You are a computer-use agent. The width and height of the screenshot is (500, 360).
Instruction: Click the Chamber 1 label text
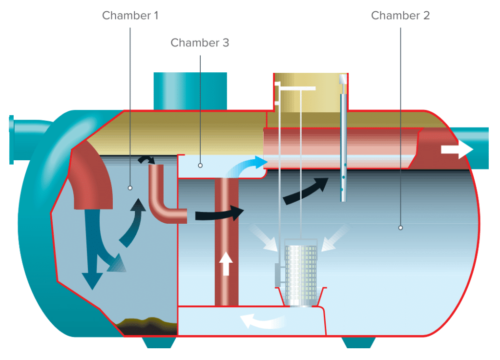(x=130, y=16)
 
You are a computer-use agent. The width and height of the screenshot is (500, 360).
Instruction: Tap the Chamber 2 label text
(x=400, y=16)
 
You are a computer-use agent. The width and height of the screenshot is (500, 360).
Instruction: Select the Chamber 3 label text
(x=200, y=43)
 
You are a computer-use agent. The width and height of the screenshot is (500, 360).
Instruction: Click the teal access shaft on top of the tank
(x=190, y=91)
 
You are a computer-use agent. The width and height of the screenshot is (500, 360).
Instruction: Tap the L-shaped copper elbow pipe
(x=164, y=200)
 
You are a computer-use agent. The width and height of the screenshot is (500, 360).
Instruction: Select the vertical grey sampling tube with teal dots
(x=344, y=147)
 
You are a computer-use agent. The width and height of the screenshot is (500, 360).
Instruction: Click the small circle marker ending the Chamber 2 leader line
(x=400, y=227)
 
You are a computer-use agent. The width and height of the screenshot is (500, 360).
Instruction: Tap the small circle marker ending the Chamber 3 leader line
(x=200, y=165)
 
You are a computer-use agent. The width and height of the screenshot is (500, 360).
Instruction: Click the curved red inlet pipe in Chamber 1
(x=90, y=171)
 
